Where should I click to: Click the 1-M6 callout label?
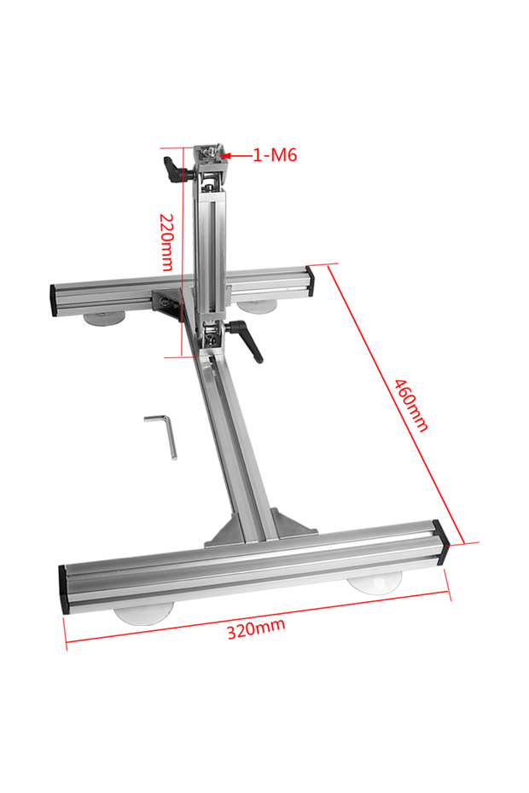pyautogui.click(x=275, y=154)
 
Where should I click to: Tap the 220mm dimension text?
pyautogui.click(x=167, y=242)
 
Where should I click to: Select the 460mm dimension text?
pyautogui.click(x=411, y=406)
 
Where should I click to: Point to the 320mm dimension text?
pyautogui.click(x=256, y=628)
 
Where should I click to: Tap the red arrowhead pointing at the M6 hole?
pyautogui.click(x=226, y=156)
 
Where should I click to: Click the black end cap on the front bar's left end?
pyautogui.click(x=64, y=590)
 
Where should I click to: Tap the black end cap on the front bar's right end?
pyautogui.click(x=441, y=539)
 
